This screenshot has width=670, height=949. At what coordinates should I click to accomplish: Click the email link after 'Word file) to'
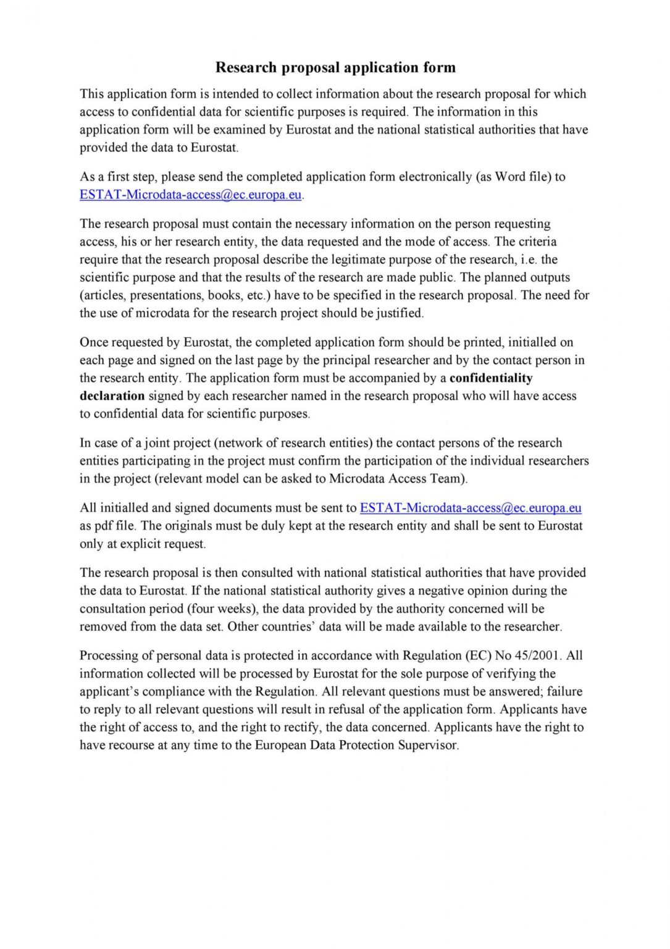point(190,195)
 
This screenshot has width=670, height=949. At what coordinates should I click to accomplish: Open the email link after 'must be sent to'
point(470,508)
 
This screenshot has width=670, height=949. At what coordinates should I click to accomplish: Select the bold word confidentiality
point(491,378)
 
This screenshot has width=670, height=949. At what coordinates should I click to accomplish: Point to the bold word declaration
point(112,396)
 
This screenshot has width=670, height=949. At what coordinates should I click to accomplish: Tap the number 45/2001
point(537,656)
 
